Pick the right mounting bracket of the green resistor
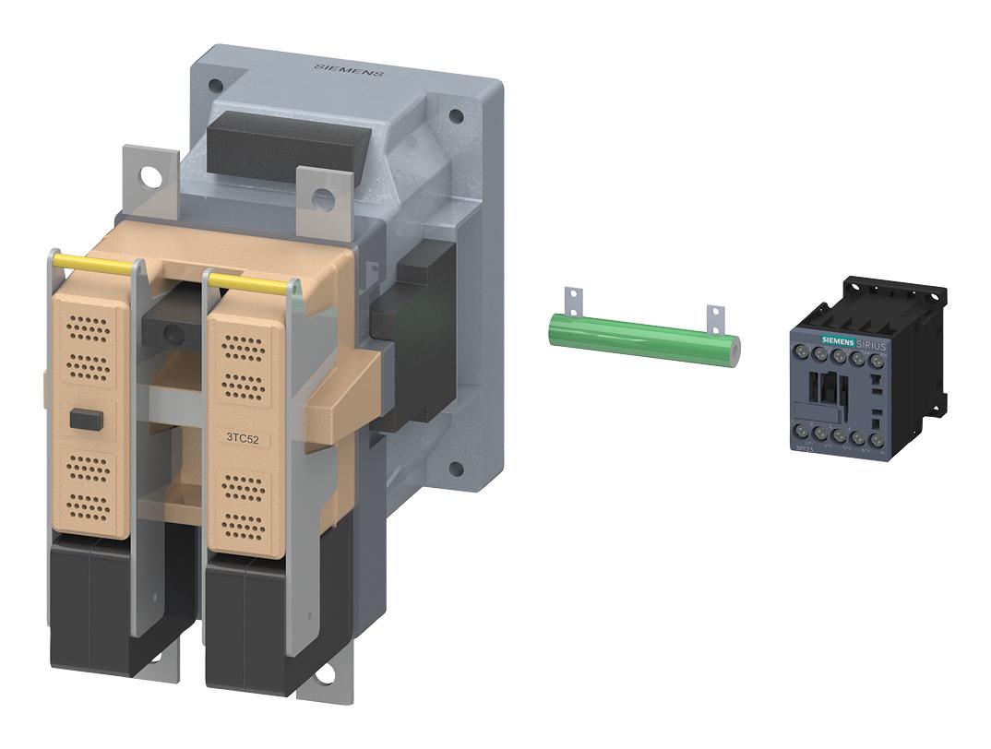click(714, 315)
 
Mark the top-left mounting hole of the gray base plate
click(215, 85)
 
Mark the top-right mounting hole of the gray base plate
click(455, 117)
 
